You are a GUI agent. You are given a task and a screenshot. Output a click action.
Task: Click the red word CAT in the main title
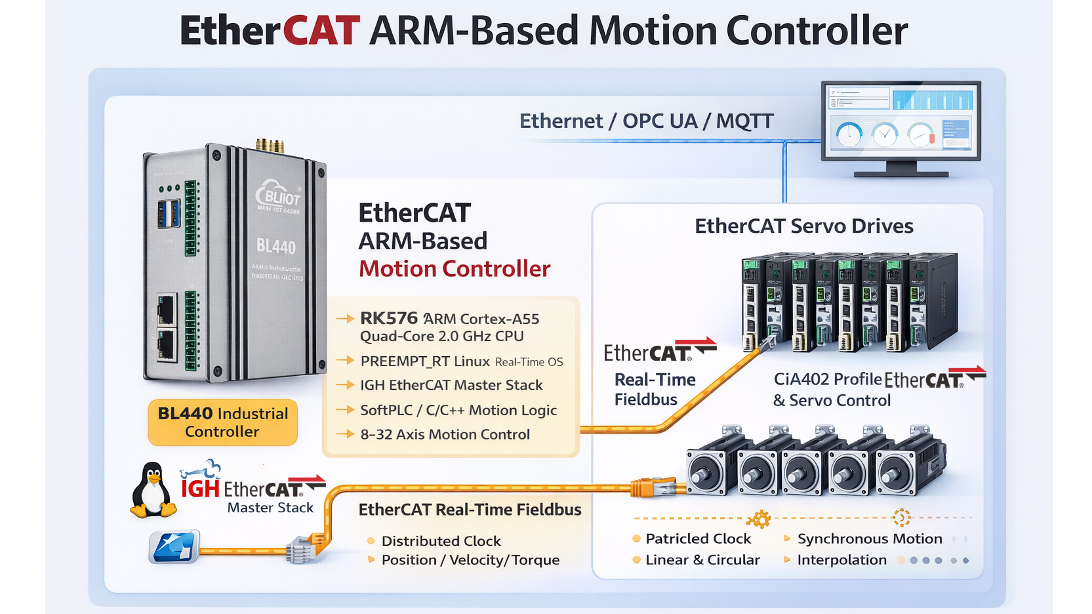point(321,31)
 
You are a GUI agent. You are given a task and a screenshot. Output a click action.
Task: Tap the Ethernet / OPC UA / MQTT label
point(646,121)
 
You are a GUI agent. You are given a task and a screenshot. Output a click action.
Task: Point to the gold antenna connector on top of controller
point(270,145)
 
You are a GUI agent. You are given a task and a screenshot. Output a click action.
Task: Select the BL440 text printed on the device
point(275,247)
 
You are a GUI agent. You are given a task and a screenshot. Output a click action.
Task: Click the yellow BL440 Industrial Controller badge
point(222,422)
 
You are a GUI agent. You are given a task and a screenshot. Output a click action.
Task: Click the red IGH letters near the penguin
point(200,489)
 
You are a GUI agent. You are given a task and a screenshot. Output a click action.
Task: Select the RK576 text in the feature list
point(388,318)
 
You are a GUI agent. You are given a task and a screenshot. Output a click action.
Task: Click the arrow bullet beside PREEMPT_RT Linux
point(345,361)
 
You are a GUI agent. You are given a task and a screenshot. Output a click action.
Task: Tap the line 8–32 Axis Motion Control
point(445,434)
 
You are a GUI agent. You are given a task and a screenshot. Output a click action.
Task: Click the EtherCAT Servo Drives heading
point(803,226)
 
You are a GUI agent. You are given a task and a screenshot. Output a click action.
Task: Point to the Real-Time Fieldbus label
point(654,389)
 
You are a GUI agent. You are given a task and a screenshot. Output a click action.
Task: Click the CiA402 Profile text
point(827,379)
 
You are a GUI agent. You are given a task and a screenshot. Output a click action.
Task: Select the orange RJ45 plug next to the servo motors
point(653,487)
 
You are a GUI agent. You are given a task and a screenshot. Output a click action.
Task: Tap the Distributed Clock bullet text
point(441,541)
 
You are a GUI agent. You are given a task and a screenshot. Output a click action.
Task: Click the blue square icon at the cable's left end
point(174,547)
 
